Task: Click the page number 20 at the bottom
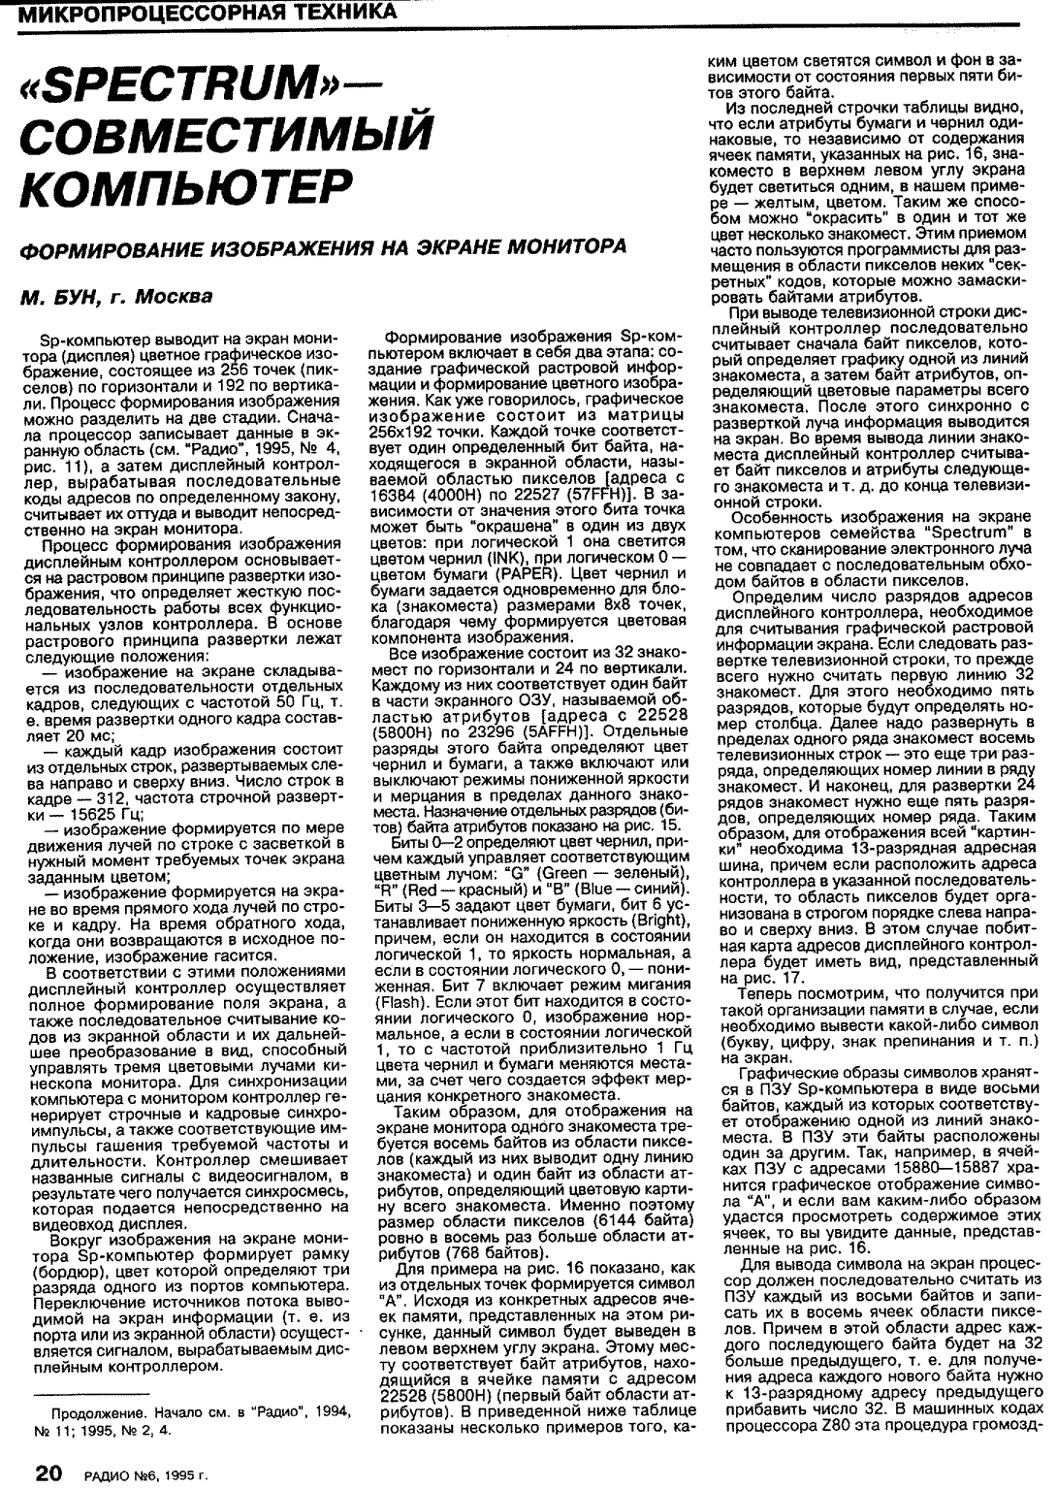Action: [x=49, y=1473]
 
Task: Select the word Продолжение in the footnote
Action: [x=97, y=1411]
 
